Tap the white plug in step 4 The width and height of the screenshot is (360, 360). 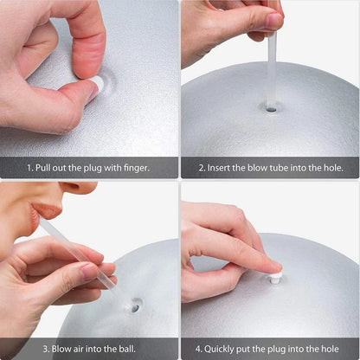[275, 278]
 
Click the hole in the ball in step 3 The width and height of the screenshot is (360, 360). [136, 305]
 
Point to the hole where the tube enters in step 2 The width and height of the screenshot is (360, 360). [272, 108]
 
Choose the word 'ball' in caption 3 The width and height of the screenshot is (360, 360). [115, 349]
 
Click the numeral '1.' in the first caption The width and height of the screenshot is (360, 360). [29, 168]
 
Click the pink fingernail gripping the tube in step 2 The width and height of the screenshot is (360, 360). [273, 20]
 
